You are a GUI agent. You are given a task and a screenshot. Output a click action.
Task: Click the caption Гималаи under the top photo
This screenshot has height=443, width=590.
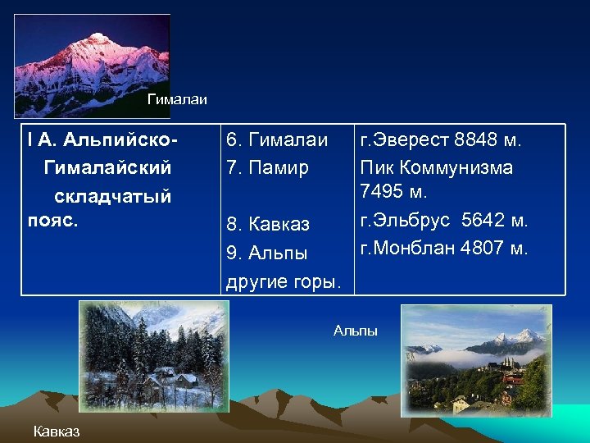point(177,100)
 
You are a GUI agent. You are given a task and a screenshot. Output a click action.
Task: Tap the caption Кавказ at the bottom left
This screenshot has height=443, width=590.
point(57,432)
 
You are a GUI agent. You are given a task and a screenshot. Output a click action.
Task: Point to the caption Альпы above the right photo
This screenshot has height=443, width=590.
point(356,331)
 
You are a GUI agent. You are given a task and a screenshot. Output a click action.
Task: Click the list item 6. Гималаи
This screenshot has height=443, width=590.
point(277,140)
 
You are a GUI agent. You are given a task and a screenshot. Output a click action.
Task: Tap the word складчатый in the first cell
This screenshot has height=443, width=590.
point(112,196)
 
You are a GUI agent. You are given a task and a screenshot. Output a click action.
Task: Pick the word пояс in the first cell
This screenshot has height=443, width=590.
point(51,221)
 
